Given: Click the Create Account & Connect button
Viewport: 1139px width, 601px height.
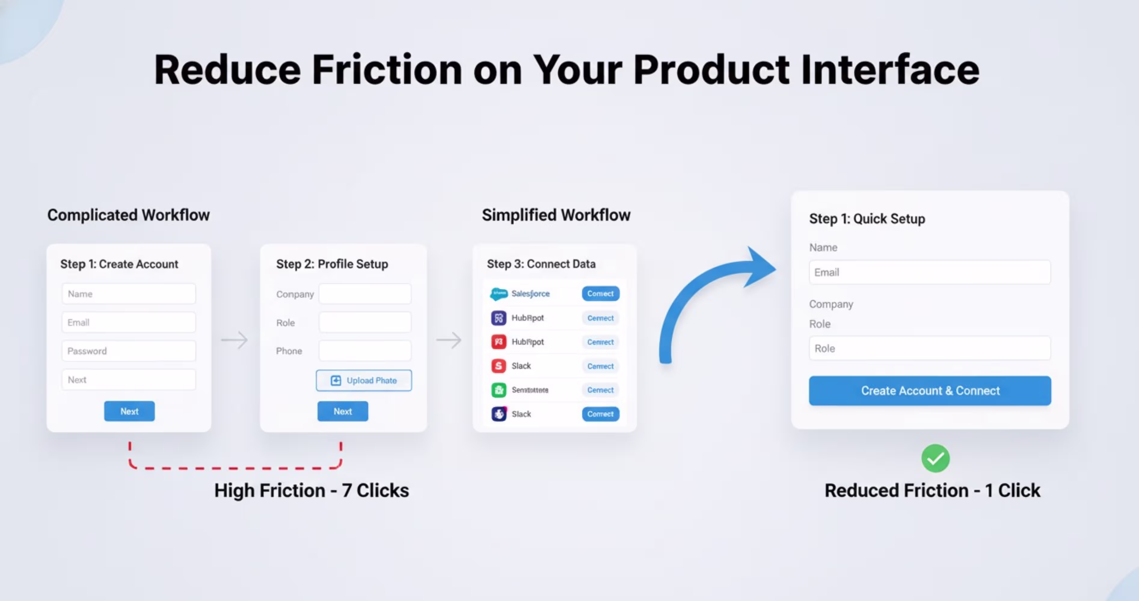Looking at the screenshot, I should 929,391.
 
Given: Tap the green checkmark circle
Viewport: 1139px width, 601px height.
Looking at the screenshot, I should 935,458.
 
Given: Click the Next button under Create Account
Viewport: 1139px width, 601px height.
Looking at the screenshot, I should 129,411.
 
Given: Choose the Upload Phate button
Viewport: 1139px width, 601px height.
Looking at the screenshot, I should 364,380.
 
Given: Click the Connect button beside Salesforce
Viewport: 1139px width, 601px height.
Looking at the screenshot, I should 600,293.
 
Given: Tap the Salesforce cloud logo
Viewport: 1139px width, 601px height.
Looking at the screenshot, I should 499,293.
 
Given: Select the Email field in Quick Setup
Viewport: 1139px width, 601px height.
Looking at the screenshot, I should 929,272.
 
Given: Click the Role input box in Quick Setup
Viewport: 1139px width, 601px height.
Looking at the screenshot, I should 929,348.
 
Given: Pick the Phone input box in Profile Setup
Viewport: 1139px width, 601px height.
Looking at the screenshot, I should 365,351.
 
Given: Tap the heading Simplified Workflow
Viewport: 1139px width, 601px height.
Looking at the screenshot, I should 556,215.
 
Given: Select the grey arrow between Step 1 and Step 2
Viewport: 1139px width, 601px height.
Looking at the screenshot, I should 234,340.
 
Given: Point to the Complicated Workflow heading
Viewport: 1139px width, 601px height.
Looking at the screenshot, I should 128,215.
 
